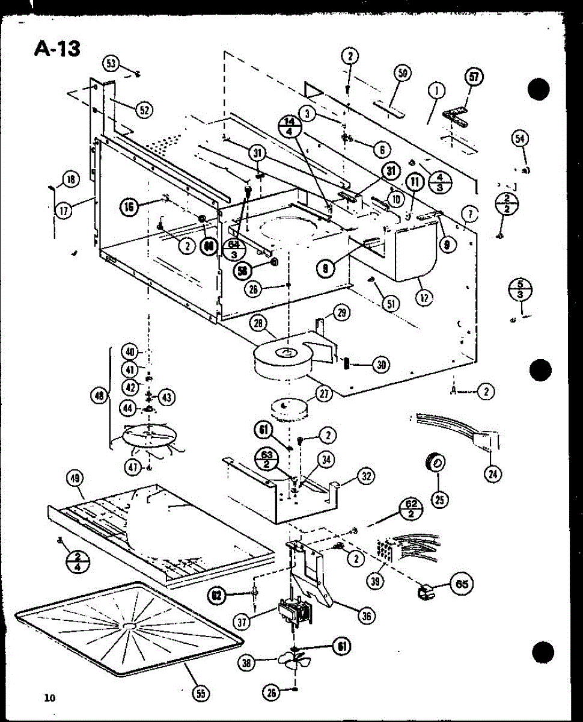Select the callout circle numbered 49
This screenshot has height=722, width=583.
(x=76, y=479)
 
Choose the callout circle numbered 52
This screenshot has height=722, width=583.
(x=143, y=110)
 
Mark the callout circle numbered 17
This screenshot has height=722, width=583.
(x=64, y=210)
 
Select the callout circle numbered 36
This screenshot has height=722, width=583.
(x=365, y=615)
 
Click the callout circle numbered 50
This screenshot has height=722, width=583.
(x=402, y=73)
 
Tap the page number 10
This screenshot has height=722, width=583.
(x=49, y=698)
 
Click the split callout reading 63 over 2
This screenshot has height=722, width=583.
(x=267, y=460)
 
